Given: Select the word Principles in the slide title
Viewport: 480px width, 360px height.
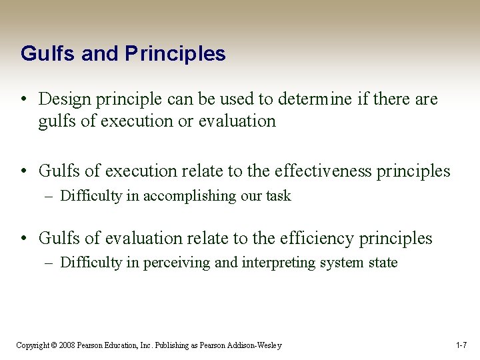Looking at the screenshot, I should (175, 53).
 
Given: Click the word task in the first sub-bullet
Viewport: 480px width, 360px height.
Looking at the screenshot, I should (279, 196).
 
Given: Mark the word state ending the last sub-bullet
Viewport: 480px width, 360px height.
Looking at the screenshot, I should (381, 263).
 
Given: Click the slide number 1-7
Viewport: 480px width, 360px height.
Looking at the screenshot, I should (461, 345).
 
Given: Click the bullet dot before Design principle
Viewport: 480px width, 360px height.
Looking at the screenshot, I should (24, 100).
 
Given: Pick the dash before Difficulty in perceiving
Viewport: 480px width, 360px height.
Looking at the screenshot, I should (51, 263).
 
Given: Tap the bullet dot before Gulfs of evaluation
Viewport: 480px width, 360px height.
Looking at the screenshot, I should (24, 239).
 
